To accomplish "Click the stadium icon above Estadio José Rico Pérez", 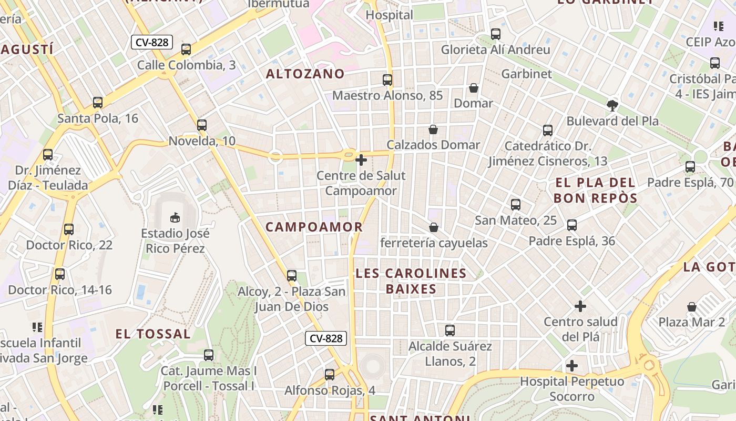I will (x=175, y=217).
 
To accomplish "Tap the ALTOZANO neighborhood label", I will (x=305, y=74).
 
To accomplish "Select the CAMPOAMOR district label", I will (x=314, y=227).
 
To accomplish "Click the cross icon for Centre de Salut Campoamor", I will (x=361, y=159).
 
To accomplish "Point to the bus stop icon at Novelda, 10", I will (x=202, y=125).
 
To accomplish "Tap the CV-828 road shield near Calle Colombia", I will (x=152, y=42).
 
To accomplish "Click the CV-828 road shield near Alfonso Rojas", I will (x=326, y=338).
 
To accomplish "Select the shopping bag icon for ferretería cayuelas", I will (x=434, y=227).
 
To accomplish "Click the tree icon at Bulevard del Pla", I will (x=612, y=105).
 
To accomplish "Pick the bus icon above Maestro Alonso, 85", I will (x=387, y=80).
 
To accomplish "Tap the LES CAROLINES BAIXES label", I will (x=411, y=281).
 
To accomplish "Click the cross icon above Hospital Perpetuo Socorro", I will (x=572, y=365).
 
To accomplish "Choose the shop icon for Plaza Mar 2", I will (x=692, y=306).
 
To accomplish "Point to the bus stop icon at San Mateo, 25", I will (x=516, y=205).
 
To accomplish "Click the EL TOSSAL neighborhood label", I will (x=153, y=334).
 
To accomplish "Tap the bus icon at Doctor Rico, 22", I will (x=69, y=229).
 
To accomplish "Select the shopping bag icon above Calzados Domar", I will (x=433, y=129).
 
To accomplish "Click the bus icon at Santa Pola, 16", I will (x=98, y=103).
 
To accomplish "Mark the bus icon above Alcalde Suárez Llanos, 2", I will (x=450, y=330).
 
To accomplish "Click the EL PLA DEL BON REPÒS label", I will (x=595, y=191).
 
